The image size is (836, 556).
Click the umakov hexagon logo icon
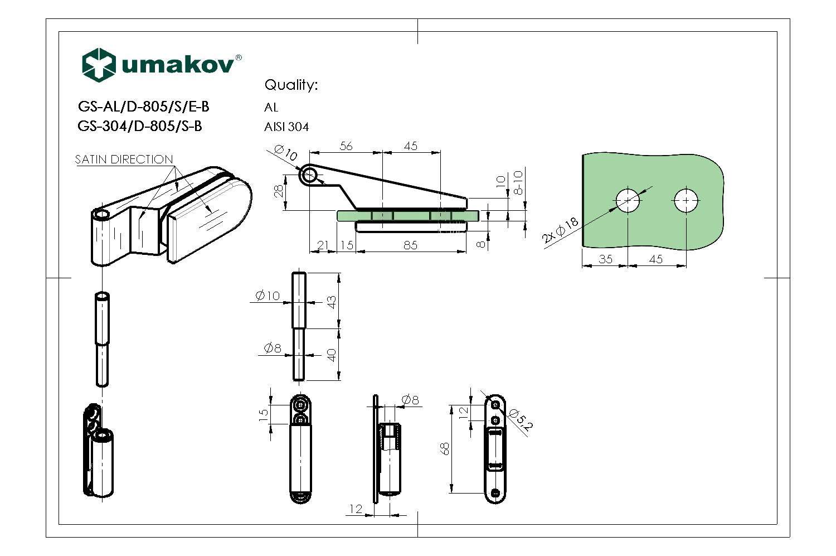[x=99, y=65]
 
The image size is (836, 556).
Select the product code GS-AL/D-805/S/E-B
[x=143, y=107]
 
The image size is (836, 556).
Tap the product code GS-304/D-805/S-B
[x=139, y=126]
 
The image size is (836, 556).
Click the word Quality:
[x=290, y=85]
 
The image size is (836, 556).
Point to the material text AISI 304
[x=286, y=127]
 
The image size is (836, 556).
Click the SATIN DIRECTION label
[x=124, y=159]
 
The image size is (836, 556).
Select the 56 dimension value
[x=346, y=146]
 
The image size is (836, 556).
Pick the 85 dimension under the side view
[x=410, y=245]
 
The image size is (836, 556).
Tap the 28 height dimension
[x=279, y=191]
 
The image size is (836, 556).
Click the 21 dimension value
[x=323, y=245]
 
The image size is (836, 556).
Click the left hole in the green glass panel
[x=628, y=200]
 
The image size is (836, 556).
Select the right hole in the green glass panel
[x=686, y=200]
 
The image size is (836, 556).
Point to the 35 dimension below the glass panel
[x=605, y=259]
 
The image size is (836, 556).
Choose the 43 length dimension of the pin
[x=332, y=302]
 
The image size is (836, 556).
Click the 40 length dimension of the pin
[x=332, y=355]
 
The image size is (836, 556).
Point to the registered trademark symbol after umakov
[x=239, y=57]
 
